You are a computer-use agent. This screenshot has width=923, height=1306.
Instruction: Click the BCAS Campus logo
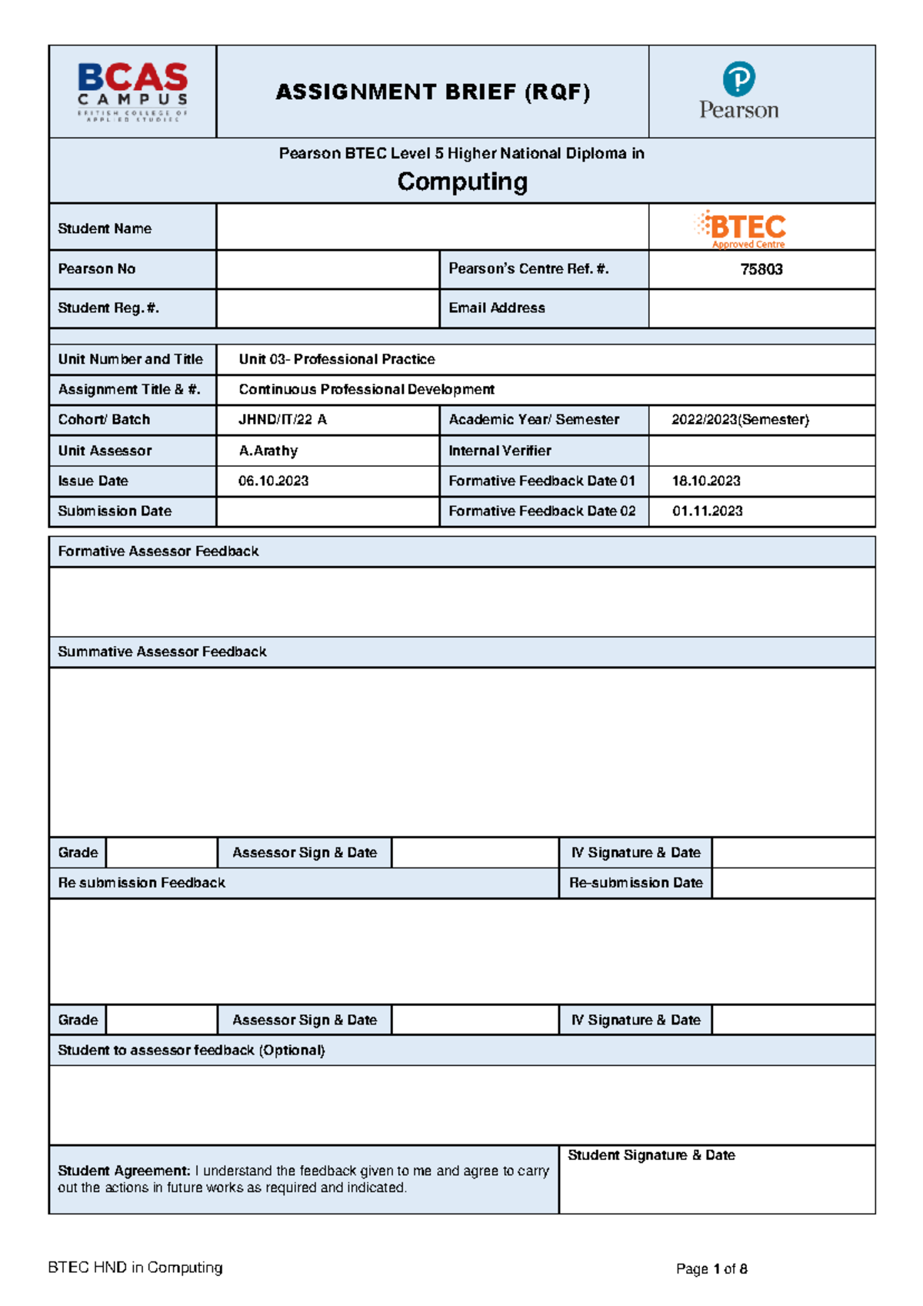click(x=132, y=92)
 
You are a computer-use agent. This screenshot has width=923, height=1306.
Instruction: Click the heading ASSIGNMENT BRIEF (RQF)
click(x=433, y=92)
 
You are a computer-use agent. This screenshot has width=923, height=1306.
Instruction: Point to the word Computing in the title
click(x=462, y=182)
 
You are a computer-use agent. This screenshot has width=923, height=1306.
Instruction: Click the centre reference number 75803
click(x=761, y=269)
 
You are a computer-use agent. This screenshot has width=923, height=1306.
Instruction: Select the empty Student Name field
click(x=432, y=228)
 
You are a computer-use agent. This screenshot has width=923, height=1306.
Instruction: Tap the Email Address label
click(x=497, y=308)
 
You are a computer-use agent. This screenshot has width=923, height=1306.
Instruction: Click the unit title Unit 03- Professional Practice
click(x=337, y=359)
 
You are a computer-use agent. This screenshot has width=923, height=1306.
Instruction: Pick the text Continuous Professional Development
click(x=366, y=389)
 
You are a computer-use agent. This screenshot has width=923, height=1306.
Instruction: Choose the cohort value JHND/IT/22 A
click(x=282, y=420)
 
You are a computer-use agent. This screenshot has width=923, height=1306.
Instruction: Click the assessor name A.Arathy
click(x=268, y=451)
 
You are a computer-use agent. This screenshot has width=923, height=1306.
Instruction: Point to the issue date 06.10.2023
click(x=274, y=481)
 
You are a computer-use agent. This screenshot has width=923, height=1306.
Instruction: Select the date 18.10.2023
click(x=706, y=481)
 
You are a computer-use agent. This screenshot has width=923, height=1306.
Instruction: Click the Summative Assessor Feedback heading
click(x=162, y=652)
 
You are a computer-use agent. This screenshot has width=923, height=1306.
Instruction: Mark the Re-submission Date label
click(x=636, y=883)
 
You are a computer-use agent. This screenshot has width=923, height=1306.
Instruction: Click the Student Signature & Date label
click(x=651, y=1155)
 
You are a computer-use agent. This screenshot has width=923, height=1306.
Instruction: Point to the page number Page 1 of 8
click(x=711, y=1269)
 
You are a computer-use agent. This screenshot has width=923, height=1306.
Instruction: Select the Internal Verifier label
click(x=500, y=451)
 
